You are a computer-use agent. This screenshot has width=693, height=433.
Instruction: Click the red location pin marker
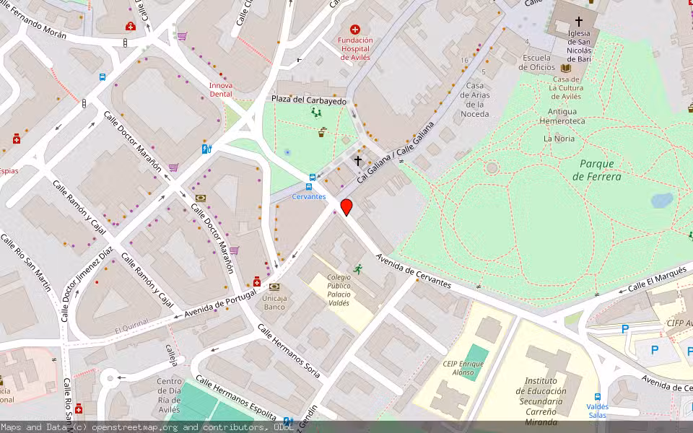pyautogui.click(x=346, y=207)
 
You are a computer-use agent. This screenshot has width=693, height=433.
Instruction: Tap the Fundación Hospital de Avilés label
pyautogui.click(x=356, y=49)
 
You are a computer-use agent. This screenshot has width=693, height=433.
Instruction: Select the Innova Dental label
pyautogui.click(x=221, y=89)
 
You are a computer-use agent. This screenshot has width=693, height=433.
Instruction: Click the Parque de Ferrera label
pyautogui.click(x=596, y=170)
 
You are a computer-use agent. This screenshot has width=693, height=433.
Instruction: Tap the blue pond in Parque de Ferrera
pyautogui.click(x=661, y=200)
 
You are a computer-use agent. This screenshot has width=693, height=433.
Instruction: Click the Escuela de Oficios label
pyautogui.click(x=537, y=63)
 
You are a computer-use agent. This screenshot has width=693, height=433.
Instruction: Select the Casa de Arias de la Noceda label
pyautogui.click(x=475, y=100)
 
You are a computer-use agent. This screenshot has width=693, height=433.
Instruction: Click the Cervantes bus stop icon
pyautogui.click(x=312, y=178)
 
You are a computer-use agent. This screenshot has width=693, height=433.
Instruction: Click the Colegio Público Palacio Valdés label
pyautogui.click(x=339, y=290)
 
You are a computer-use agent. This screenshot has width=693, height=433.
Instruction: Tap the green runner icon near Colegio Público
pyautogui.click(x=357, y=269)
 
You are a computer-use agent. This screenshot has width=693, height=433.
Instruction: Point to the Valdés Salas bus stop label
pyautogui.click(x=597, y=411)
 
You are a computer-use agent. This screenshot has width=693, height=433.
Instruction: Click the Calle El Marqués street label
pyautogui.click(x=655, y=279)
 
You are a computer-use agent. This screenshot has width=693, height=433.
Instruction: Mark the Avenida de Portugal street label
pyautogui.click(x=221, y=304)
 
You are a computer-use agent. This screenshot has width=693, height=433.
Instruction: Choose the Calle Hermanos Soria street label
pyautogui.click(x=289, y=351)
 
